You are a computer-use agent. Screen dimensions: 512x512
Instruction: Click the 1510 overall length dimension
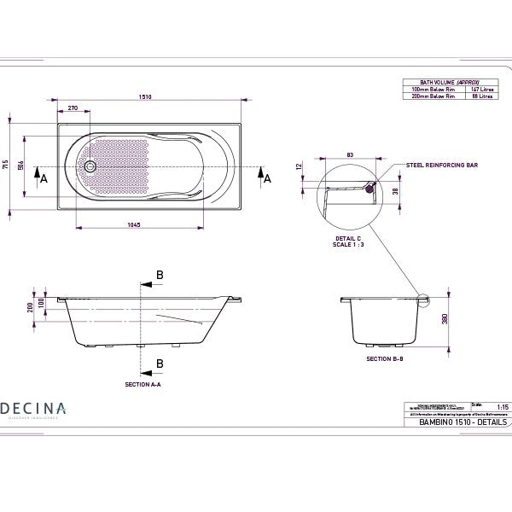[x=147, y=97]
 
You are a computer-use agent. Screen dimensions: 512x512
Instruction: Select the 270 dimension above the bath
[x=73, y=108]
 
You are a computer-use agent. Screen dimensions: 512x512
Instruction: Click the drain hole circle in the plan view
[x=90, y=166]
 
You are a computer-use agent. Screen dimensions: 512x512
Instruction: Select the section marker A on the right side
[x=267, y=177]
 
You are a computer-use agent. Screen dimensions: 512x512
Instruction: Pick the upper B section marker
[x=159, y=275]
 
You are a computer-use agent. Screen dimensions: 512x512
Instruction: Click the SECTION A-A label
[x=143, y=385]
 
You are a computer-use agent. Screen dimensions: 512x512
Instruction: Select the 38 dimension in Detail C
[x=394, y=193]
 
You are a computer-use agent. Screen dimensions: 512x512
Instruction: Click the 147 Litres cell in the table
[x=482, y=89]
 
